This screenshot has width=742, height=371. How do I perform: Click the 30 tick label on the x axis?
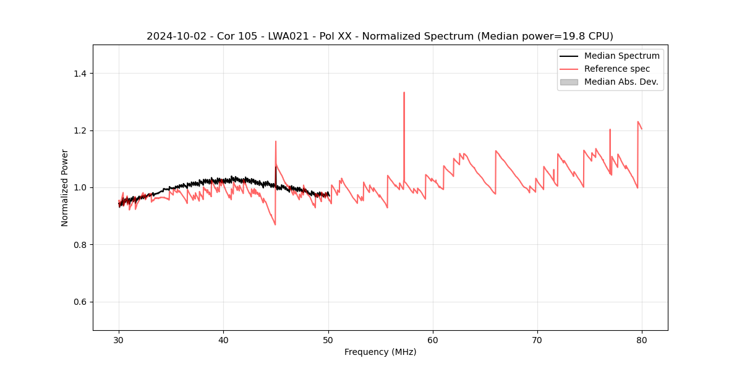119,339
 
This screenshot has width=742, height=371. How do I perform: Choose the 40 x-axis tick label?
224,339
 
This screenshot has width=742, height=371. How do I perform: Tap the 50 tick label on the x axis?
328,339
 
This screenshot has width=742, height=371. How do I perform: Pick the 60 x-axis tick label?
433,339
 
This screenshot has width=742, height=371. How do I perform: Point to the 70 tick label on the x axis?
537,339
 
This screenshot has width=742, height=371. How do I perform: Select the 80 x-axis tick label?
642,339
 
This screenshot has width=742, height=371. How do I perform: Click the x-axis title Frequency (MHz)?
380,352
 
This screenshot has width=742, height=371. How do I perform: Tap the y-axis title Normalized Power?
65,187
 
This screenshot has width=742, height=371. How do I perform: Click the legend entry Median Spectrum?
621,56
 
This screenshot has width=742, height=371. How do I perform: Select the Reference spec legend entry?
617,69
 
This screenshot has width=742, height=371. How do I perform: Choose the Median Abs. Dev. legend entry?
621,82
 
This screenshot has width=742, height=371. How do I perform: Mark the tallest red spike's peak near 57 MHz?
404,93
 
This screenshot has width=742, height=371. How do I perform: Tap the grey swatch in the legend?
569,82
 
